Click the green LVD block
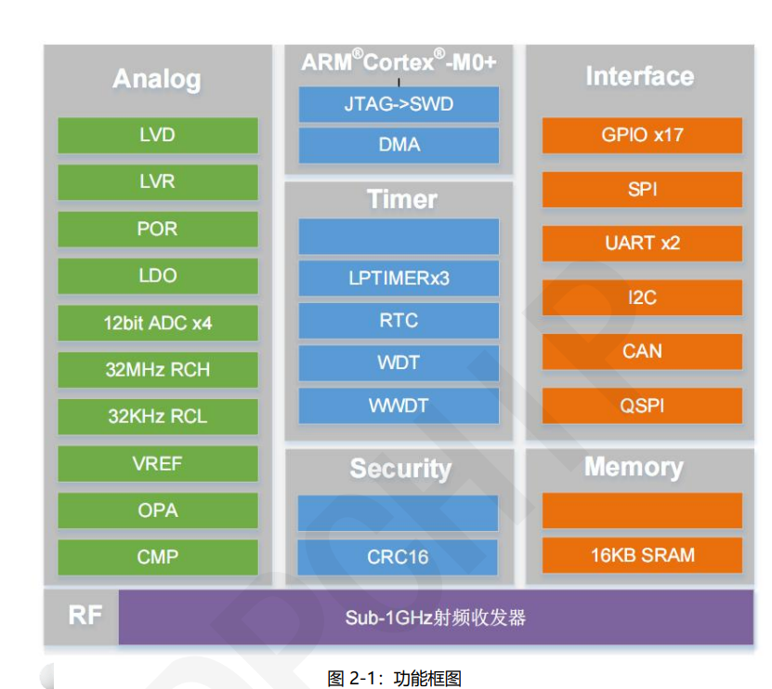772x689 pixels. click(x=157, y=136)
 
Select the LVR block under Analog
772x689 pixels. click(x=157, y=182)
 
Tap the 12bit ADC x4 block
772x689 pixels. click(x=157, y=324)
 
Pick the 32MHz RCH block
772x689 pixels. click(x=157, y=370)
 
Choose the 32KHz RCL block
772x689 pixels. click(x=157, y=417)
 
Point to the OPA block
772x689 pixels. click(x=157, y=510)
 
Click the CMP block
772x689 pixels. click(x=157, y=557)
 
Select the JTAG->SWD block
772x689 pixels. click(x=399, y=104)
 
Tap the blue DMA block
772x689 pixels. click(x=399, y=145)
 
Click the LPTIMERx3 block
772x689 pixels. click(x=399, y=278)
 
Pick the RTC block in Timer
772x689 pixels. click(x=399, y=321)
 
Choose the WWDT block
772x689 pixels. click(x=399, y=405)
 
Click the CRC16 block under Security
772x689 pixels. click(x=398, y=557)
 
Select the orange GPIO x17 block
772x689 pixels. click(x=642, y=135)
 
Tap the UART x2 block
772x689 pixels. click(x=642, y=244)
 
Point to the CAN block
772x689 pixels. click(x=642, y=351)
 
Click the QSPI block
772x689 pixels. click(x=642, y=405)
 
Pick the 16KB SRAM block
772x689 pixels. click(x=642, y=555)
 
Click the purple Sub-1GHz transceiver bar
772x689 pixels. click(x=436, y=616)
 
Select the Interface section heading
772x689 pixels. click(x=639, y=76)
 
